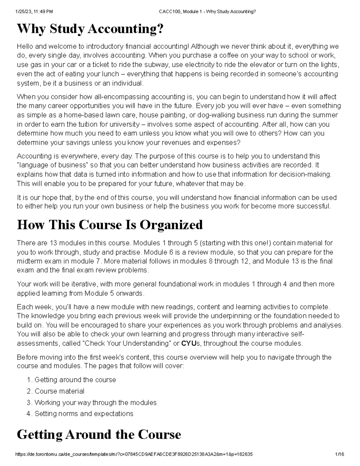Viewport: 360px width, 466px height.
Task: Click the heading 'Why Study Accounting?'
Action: point(91,29)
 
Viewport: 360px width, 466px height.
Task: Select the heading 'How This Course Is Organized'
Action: point(110,225)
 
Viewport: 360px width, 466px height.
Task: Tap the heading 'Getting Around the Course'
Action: point(99,434)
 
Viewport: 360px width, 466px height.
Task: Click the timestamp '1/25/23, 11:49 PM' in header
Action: point(34,12)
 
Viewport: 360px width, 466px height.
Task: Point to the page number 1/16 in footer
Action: point(340,454)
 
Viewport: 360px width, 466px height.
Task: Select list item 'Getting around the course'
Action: point(75,380)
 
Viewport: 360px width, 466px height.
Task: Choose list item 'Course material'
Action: point(59,391)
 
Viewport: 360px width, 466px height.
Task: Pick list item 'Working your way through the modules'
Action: point(95,402)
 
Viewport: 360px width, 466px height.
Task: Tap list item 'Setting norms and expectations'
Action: point(84,414)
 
